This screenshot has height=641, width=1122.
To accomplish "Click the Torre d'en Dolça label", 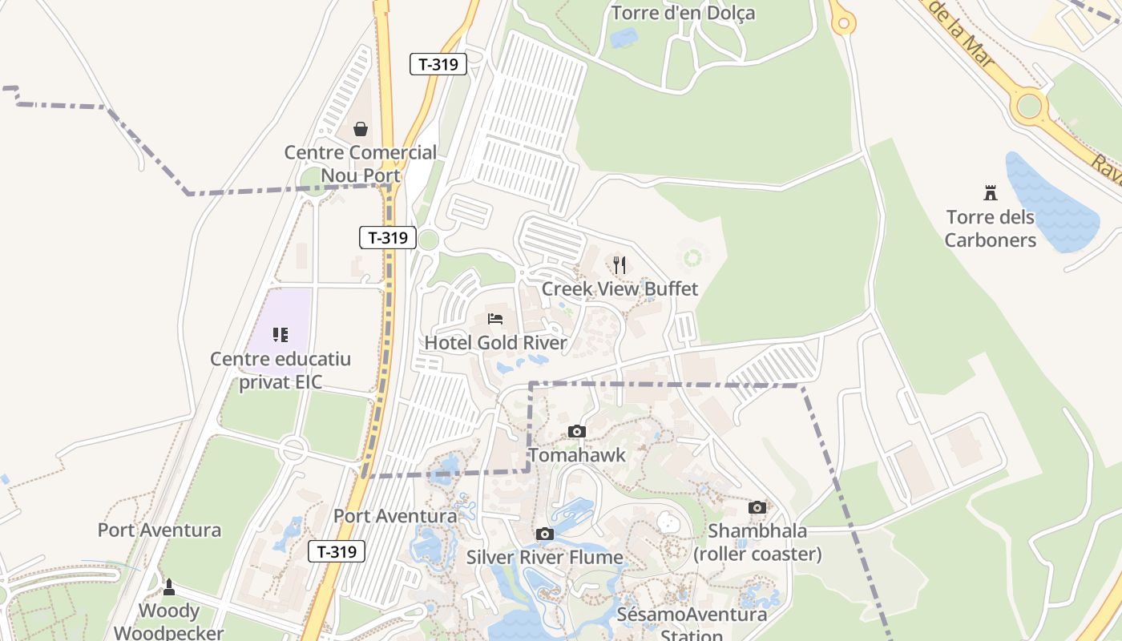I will (683, 13).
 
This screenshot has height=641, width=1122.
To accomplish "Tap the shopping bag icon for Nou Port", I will (361, 129).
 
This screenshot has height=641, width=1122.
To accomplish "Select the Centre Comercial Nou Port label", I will (361, 163).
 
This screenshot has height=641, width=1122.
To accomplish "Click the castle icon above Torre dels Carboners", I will (991, 192).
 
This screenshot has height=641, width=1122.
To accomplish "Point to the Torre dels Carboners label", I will (991, 228).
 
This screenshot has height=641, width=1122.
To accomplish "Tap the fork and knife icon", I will (620, 264).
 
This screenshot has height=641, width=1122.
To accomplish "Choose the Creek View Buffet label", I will (620, 288).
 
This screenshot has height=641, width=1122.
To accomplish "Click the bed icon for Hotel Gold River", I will (495, 319).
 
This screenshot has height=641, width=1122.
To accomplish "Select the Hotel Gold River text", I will (495, 343).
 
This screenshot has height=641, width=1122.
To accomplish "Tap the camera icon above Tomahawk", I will (576, 432).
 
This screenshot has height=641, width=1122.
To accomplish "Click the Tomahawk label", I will (576, 455).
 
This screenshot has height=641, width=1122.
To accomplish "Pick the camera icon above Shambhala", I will (757, 507).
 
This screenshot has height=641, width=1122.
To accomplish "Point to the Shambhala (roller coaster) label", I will (757, 542).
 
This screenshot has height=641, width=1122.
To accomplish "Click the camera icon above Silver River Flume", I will (545, 534).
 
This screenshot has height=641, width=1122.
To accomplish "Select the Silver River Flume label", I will (545, 557).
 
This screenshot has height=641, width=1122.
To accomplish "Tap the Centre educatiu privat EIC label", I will (280, 370).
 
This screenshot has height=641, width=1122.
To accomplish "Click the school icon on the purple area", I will (280, 334).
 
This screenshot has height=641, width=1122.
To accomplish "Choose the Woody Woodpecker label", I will (168, 622).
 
